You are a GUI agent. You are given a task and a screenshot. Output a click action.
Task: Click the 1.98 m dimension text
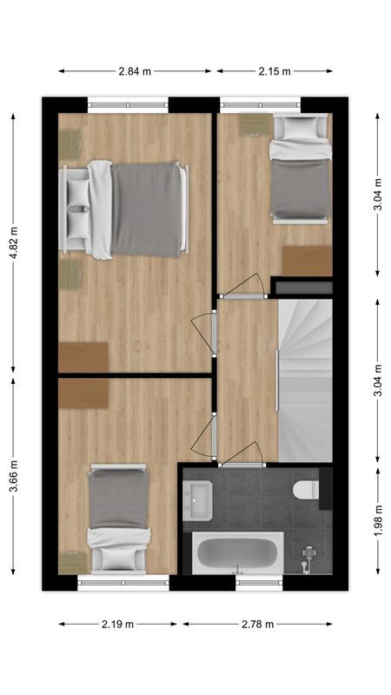[x=378, y=522]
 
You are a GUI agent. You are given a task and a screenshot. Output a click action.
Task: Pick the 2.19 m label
[x=117, y=624]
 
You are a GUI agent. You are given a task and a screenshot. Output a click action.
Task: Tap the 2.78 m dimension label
[x=257, y=624]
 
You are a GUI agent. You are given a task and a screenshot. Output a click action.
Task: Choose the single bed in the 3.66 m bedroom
[x=119, y=517]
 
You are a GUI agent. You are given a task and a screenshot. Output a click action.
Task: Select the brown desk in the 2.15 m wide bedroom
[x=307, y=261]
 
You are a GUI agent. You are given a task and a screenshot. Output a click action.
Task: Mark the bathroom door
[x=242, y=455]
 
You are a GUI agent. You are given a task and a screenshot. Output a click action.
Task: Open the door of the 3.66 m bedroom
[x=205, y=435]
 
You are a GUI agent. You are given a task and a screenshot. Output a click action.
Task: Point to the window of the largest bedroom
[x=128, y=103]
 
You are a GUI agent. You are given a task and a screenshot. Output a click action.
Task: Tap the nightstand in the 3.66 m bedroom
[x=72, y=560]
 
